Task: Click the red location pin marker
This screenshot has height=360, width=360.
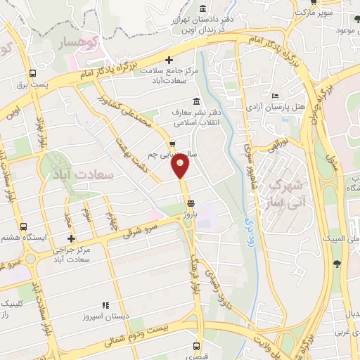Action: (x=181, y=167)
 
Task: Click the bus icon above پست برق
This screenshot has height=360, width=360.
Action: (x=32, y=73)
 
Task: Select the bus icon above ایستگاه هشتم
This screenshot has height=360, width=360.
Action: (x=24, y=226)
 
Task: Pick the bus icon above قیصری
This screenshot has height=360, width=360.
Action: (x=196, y=346)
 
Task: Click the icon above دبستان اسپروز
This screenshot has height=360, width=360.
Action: (x=105, y=305)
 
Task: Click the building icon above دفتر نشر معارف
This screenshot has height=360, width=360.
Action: (x=195, y=101)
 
